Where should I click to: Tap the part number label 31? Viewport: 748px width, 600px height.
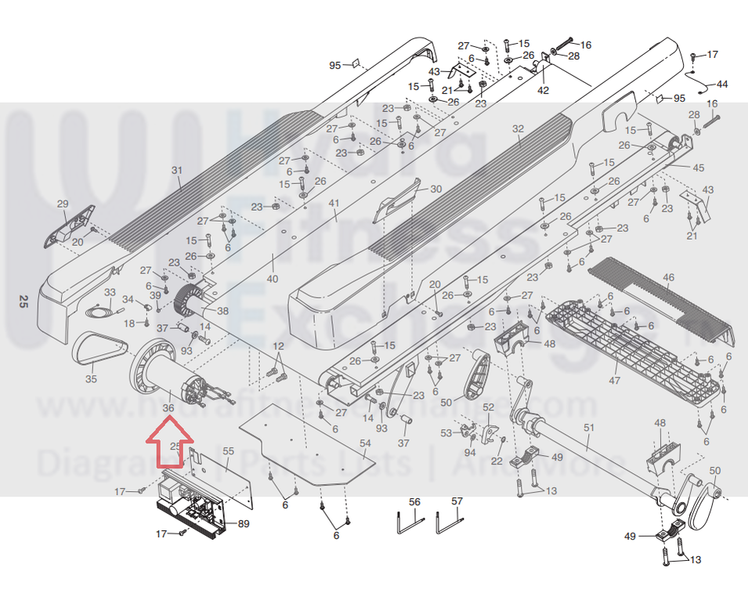(x=176, y=170)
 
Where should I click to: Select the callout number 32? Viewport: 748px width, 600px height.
(x=518, y=128)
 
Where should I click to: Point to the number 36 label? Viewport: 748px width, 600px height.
(x=168, y=407)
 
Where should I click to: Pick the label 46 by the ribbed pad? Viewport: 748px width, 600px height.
(x=667, y=278)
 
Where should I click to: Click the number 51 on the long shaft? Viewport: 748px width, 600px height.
(x=589, y=427)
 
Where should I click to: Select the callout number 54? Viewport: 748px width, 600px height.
(x=365, y=444)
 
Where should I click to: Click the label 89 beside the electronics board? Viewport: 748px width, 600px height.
(x=244, y=523)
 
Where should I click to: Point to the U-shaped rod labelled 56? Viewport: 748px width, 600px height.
(x=408, y=520)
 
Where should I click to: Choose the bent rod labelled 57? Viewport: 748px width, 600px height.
(x=450, y=520)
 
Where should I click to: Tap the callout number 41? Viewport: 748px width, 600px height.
(x=334, y=204)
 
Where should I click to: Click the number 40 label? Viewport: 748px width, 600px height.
(x=273, y=279)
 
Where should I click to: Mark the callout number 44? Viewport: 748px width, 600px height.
(x=721, y=84)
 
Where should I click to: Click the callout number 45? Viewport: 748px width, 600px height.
(x=699, y=168)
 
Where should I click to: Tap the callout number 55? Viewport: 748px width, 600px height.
(x=228, y=451)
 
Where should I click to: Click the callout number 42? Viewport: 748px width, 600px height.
(x=543, y=90)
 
